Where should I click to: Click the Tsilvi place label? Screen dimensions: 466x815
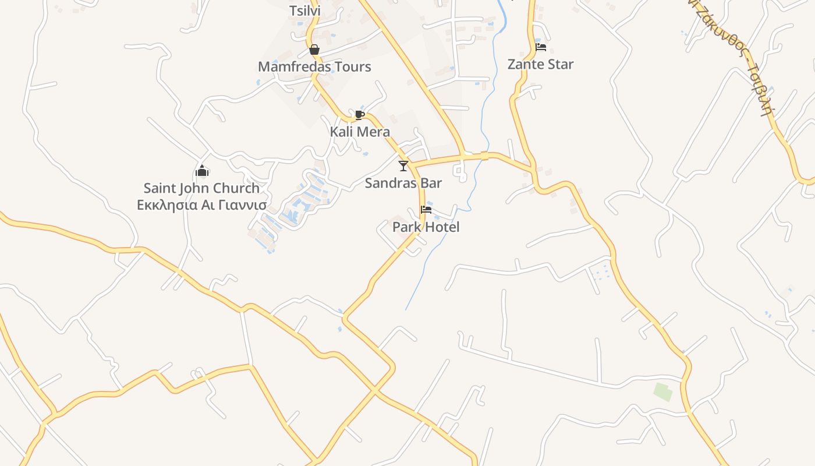(305, 10)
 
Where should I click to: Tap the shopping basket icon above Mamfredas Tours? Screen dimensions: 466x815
(314, 50)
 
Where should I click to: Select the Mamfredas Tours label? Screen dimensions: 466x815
(314, 66)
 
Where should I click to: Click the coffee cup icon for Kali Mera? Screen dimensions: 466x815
(359, 115)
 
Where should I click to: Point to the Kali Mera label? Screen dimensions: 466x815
(360, 132)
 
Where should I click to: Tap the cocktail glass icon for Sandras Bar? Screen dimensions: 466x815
(403, 166)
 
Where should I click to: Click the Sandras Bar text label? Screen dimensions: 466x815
(403, 183)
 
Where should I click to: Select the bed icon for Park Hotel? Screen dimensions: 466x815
(426, 210)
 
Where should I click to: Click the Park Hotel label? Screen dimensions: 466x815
(426, 227)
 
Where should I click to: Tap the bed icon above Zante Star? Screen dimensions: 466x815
(541, 47)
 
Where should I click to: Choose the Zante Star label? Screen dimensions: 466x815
(541, 64)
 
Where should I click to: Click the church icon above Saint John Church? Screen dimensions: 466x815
(202, 171)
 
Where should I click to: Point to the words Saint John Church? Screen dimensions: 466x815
(201, 188)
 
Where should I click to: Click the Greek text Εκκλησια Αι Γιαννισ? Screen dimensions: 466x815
(201, 205)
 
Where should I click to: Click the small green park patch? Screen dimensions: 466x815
(663, 391)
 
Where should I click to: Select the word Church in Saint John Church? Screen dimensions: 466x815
(236, 188)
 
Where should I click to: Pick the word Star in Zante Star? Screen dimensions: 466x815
(560, 64)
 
